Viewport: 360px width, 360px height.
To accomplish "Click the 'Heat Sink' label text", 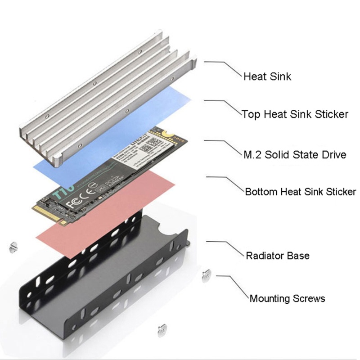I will coord(267,76).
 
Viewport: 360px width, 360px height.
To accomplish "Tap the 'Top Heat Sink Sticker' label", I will coord(295,114).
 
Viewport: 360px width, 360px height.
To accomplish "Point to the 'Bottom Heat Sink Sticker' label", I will coord(300,192).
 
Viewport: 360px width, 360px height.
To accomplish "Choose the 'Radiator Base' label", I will coord(277,256).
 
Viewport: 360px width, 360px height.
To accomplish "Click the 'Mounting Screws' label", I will coord(287,298).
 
